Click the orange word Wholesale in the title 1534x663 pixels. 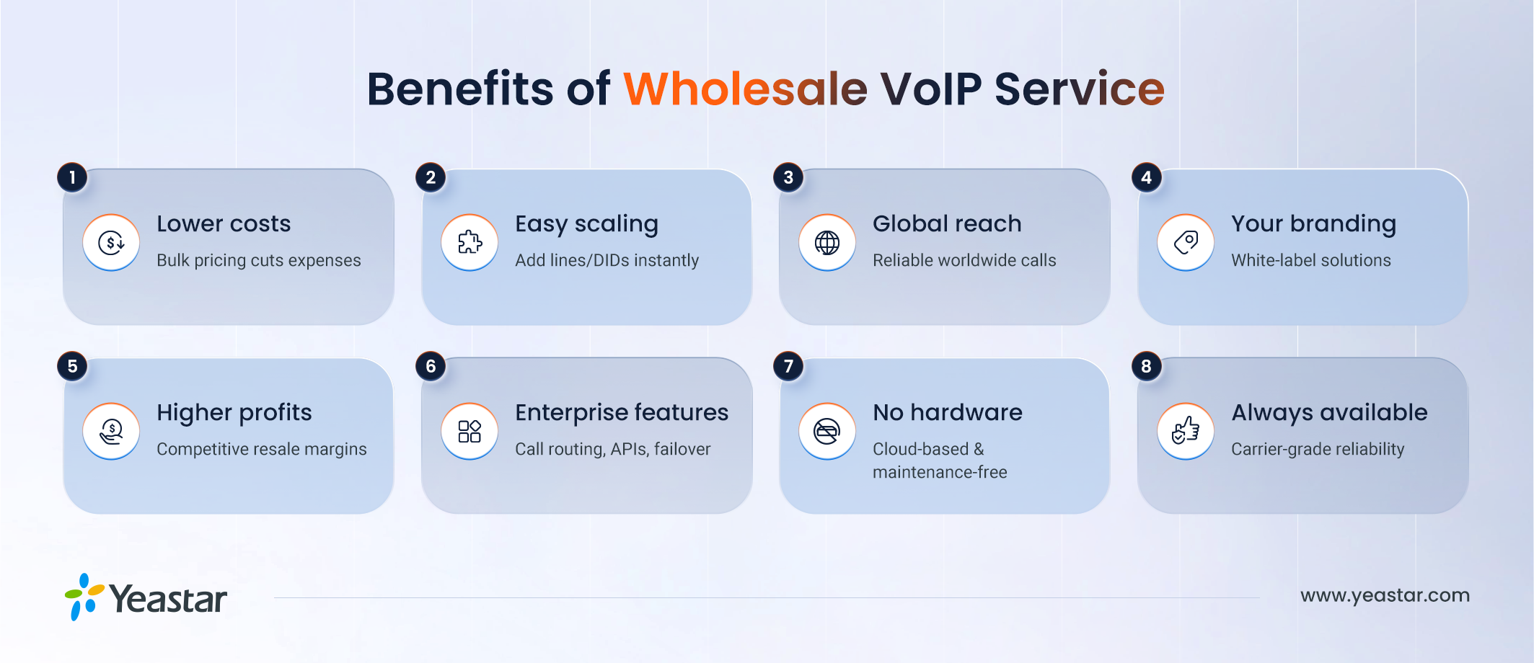[x=745, y=89]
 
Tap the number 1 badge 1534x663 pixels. [x=72, y=177]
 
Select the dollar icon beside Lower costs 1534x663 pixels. [x=111, y=242]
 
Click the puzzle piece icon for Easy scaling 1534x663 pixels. [x=470, y=242]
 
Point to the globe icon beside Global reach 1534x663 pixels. [x=827, y=242]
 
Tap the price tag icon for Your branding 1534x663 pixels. [x=1186, y=242]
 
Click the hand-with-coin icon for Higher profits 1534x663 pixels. [x=111, y=431]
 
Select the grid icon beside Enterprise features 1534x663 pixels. [x=470, y=431]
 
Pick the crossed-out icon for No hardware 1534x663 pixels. [x=827, y=431]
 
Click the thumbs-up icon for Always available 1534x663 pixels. [x=1186, y=431]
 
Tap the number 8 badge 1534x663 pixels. [x=1146, y=366]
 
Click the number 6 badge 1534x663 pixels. [x=431, y=366]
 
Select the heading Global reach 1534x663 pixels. [x=947, y=223]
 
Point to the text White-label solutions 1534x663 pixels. [x=1310, y=260]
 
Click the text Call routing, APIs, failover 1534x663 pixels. [x=612, y=449]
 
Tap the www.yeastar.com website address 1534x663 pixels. [x=1384, y=595]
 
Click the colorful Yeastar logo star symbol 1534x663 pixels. [x=84, y=597]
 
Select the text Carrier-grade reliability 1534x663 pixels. [x=1317, y=449]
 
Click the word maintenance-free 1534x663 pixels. [x=940, y=472]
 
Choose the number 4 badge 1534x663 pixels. [x=1146, y=177]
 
